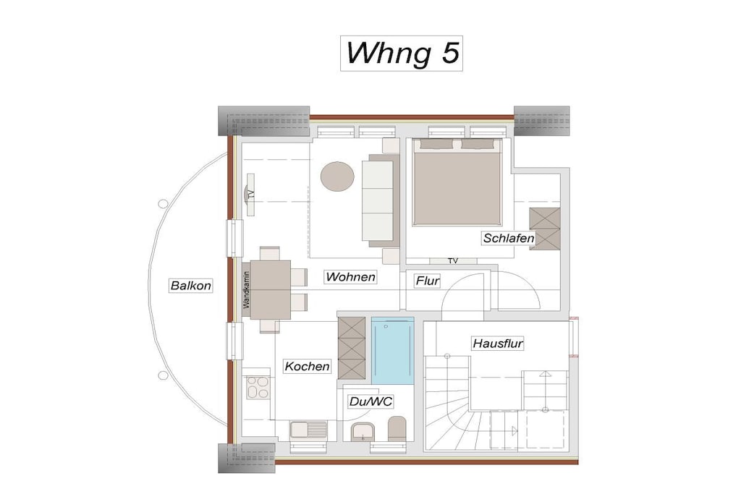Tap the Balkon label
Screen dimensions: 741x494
pos(191,286)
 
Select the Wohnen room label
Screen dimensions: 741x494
pos(351,277)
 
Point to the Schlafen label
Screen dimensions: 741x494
pos(509,238)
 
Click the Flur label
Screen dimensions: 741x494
pos(428,281)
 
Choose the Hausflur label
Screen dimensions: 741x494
pos(498,344)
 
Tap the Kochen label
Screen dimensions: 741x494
pos(307,366)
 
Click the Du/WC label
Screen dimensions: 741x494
pos(370,401)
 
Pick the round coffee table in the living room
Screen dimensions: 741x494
pos(337,176)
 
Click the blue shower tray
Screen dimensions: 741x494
pos(393,350)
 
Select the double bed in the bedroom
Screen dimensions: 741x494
pos(457,182)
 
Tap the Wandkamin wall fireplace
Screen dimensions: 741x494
pos(246,289)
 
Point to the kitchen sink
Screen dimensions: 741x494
pos(308,430)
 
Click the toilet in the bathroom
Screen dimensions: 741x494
pos(397,428)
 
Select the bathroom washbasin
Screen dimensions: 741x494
pos(363,432)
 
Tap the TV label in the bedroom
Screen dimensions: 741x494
pos(453,260)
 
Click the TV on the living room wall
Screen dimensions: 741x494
pos(250,194)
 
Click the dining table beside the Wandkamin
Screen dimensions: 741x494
pos(271,289)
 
